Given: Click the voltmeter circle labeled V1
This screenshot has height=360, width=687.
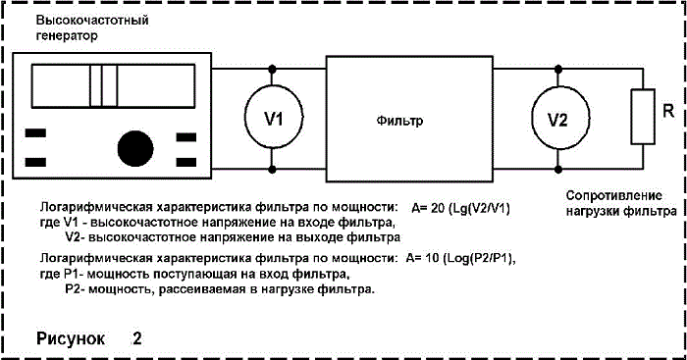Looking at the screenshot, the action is point(244,119).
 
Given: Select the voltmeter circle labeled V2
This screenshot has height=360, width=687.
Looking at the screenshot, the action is point(532,119).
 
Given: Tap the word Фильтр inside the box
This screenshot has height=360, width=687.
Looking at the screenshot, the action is point(399,121).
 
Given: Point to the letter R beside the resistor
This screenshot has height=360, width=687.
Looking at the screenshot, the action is point(668,111).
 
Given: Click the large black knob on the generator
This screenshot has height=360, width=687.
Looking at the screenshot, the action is point(135,148).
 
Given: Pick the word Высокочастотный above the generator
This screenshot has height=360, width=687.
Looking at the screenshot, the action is point(92,21).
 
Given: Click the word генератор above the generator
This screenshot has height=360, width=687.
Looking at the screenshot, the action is point(67,35).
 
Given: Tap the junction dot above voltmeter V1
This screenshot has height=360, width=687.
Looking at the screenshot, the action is point(272,70).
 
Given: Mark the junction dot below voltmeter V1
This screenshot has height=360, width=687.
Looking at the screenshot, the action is point(272,169).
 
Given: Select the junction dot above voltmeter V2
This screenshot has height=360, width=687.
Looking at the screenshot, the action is point(558,70).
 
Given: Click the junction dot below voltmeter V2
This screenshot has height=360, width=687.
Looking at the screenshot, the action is point(558,169).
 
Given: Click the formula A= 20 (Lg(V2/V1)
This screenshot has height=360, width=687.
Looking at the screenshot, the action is point(461,208).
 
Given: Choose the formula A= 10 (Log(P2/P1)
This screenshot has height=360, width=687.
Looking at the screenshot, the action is point(460,258).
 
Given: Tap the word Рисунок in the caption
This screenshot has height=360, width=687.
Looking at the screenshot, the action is point(71,338).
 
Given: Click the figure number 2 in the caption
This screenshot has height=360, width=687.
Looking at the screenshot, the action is point(137,337).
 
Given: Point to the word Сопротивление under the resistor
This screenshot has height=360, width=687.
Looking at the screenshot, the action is point(613,196).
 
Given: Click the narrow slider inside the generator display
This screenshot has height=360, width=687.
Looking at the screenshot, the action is point(104,85).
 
